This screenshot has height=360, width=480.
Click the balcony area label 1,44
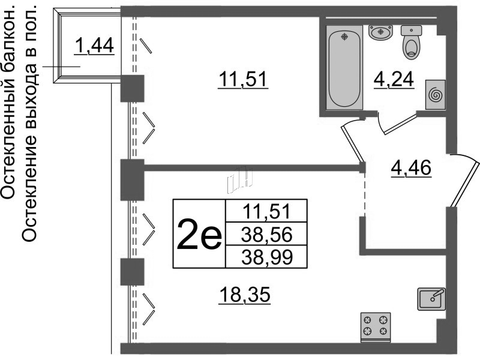[x=94, y=45]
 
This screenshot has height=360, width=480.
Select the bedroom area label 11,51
[x=242, y=80]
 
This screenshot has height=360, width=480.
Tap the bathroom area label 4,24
[x=394, y=79]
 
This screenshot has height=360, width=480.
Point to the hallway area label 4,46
[x=411, y=167]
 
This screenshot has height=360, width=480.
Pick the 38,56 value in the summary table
[x=266, y=234]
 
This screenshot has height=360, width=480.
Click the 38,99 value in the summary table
[x=266, y=257]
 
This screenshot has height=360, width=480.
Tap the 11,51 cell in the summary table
[x=266, y=211]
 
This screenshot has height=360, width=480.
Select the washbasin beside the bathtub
[x=379, y=32]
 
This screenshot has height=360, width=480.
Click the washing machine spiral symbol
[x=435, y=95]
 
